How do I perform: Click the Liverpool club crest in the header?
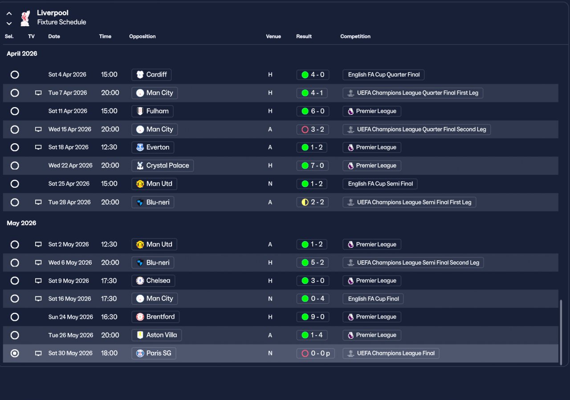coord(25,18)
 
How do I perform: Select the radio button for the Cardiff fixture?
coord(15,75)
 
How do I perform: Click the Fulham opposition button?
coord(152,111)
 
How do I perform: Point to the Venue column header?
coord(273,36)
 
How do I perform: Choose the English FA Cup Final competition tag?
coord(373,299)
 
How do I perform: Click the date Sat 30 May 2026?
coord(70,353)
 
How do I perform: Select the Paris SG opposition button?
coord(154,353)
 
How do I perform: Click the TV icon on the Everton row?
coord(38,147)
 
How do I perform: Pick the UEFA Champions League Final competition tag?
coord(391,353)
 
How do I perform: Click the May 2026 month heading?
coord(21,223)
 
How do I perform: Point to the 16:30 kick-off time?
coord(109,317)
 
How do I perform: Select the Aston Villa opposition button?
coord(157,335)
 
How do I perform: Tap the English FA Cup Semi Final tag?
coord(380,184)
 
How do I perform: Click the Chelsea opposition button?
coord(154,281)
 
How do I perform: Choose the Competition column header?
coord(355,36)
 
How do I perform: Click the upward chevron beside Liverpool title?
coord(9,14)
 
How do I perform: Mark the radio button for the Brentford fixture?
coord(15,317)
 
